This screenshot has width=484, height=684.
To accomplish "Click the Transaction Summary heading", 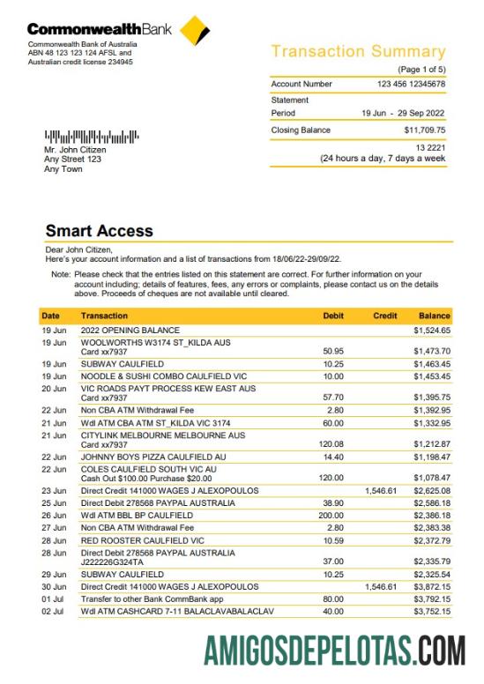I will coord(358,52).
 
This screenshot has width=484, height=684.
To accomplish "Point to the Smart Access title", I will coord(99,231).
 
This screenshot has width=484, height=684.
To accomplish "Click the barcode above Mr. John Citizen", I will coord(93,138).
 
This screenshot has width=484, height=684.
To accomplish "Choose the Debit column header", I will coord(333,315).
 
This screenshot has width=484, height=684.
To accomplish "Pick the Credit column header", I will coord(385,315).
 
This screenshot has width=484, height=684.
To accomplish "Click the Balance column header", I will coord(435,315).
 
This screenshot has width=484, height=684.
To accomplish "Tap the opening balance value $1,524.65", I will coord(432,330).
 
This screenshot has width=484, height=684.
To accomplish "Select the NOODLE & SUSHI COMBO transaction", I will coord(163,375).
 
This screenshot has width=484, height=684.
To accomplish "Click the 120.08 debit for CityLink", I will coord(331,443).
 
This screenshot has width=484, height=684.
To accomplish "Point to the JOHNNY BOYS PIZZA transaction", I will coord(153,457).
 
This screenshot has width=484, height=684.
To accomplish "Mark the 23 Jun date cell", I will coord(54,490).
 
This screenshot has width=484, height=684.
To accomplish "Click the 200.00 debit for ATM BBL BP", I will coord(331,515).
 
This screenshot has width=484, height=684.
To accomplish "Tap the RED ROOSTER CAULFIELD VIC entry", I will coord(143,539).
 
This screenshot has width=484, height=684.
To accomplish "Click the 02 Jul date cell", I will coord(53,610).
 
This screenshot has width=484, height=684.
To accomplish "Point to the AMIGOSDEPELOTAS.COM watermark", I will coord(335,651).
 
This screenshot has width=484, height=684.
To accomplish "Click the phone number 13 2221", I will coord(430,147).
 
